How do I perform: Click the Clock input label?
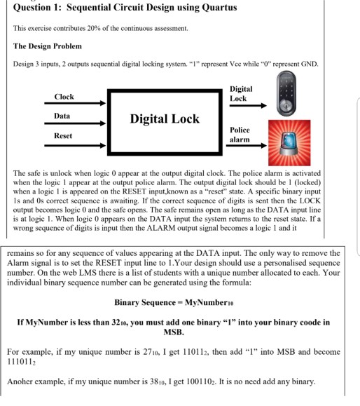point(64,97)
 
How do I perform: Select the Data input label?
point(62,116)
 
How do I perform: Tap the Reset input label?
point(62,135)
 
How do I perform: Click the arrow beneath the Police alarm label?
point(249,148)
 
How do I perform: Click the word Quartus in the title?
point(213,8)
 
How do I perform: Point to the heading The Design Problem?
point(47,46)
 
